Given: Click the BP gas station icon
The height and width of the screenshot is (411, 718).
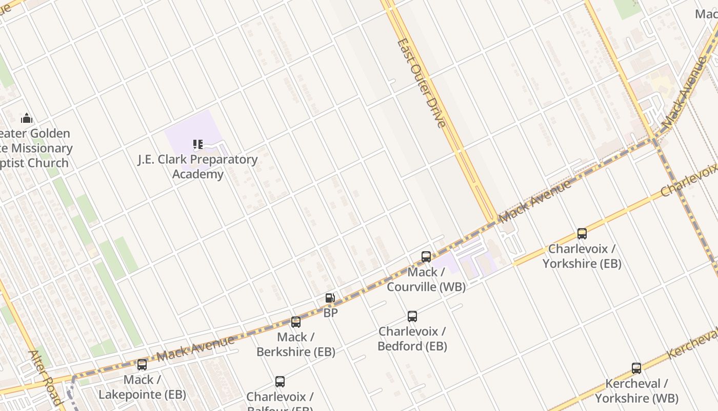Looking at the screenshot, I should pyautogui.click(x=330, y=298).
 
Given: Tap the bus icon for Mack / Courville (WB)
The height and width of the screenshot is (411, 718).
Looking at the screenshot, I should pyautogui.click(x=426, y=257).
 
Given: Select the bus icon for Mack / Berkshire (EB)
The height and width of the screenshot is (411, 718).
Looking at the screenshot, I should pyautogui.click(x=296, y=322).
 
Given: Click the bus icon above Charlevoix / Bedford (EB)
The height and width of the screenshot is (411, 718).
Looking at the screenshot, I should pyautogui.click(x=412, y=316).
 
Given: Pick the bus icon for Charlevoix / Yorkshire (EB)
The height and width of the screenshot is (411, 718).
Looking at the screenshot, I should pyautogui.click(x=582, y=234).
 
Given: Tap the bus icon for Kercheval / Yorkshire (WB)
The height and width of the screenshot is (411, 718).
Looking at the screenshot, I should pyautogui.click(x=636, y=368).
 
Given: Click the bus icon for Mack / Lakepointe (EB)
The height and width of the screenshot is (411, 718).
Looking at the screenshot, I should pyautogui.click(x=142, y=365).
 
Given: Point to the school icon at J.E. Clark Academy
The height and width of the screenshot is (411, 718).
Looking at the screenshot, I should pyautogui.click(x=198, y=144).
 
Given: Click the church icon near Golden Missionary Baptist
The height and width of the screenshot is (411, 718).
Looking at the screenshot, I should pyautogui.click(x=27, y=119).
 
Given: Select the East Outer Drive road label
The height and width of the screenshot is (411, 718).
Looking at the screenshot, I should pyautogui.click(x=422, y=83).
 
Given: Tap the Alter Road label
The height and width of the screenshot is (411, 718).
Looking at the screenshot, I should pyautogui.click(x=46, y=378).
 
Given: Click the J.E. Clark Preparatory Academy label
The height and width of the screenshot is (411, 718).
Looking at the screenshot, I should pyautogui.click(x=197, y=166).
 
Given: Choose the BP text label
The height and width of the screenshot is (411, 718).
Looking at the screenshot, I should pyautogui.click(x=331, y=312).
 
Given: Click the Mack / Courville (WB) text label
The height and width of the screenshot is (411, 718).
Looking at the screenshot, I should pyautogui.click(x=426, y=279).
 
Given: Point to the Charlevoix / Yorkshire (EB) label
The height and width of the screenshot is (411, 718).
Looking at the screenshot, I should pyautogui.click(x=582, y=256).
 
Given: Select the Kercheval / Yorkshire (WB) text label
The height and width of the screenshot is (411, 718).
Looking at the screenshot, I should pyautogui.click(x=636, y=391).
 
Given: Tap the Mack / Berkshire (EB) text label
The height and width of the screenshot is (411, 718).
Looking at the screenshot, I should pyautogui.click(x=296, y=345).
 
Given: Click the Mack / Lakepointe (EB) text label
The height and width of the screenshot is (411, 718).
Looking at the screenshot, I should pyautogui.click(x=142, y=387).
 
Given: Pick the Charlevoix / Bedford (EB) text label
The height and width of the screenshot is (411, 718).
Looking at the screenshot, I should pyautogui.click(x=412, y=339).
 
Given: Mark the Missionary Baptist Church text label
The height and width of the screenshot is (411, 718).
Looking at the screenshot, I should pyautogui.click(x=35, y=148).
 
